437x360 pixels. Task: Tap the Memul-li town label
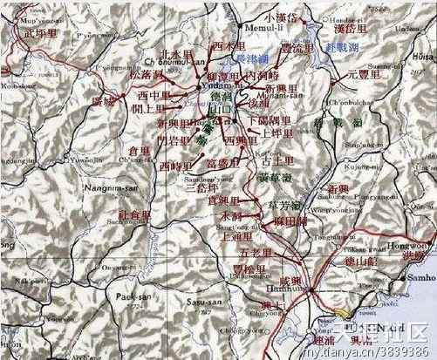[247, 29]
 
